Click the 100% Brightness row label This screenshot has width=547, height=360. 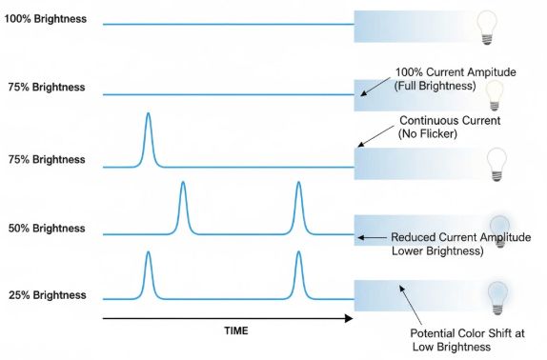tap(46, 19)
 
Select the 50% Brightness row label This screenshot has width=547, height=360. tap(47, 229)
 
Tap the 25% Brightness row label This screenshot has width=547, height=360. tap(48, 295)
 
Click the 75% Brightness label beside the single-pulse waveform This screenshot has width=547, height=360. tap(47, 160)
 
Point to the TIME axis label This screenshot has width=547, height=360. tap(236, 330)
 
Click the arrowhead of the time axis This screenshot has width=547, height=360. tap(349, 318)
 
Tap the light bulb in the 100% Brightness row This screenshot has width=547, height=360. tap(487, 28)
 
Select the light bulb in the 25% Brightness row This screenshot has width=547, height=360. tap(497, 298)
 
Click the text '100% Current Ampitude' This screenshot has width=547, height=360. tap(456, 72)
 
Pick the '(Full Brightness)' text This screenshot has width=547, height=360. tap(435, 86)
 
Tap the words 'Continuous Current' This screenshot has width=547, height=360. tap(450, 121)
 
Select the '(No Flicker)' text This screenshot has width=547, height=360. tap(427, 133)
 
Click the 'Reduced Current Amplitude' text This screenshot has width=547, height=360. tap(461, 237)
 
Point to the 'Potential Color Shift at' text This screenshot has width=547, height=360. tap(468, 333)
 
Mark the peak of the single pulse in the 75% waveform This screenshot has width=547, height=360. tap(149, 113)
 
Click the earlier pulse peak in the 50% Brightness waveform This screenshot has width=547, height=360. tap(183, 182)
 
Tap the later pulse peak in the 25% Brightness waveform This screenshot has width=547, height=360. tap(298, 251)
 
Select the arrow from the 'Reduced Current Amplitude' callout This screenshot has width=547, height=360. tap(373, 237)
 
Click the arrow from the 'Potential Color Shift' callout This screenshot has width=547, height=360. tap(411, 306)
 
